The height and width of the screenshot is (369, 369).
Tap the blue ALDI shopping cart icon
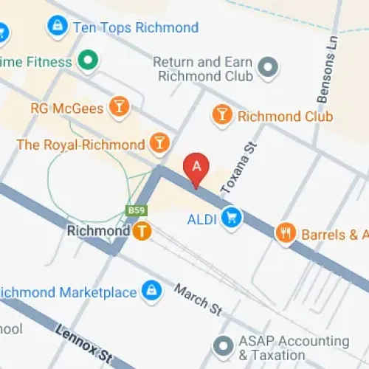(x=233, y=218)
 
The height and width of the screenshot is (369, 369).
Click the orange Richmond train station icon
(x=142, y=231)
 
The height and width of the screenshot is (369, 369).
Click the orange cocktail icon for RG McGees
(x=117, y=108)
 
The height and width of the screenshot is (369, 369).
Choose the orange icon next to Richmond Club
(x=221, y=115)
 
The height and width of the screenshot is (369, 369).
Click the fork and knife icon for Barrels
(x=286, y=234)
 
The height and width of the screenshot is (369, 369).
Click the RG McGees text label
(x=67, y=108)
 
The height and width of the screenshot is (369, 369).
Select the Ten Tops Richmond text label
(x=135, y=28)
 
